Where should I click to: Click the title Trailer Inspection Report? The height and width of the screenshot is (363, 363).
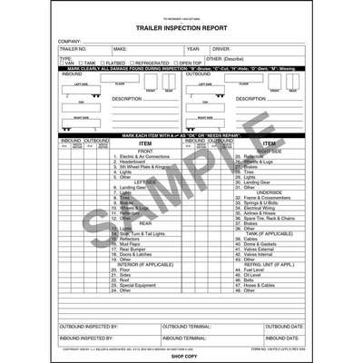pyautogui.click(x=181, y=28)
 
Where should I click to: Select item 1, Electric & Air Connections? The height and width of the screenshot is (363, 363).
pyautogui.click(x=142, y=156)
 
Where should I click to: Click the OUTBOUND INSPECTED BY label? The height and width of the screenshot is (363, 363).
pyautogui.click(x=89, y=325)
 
